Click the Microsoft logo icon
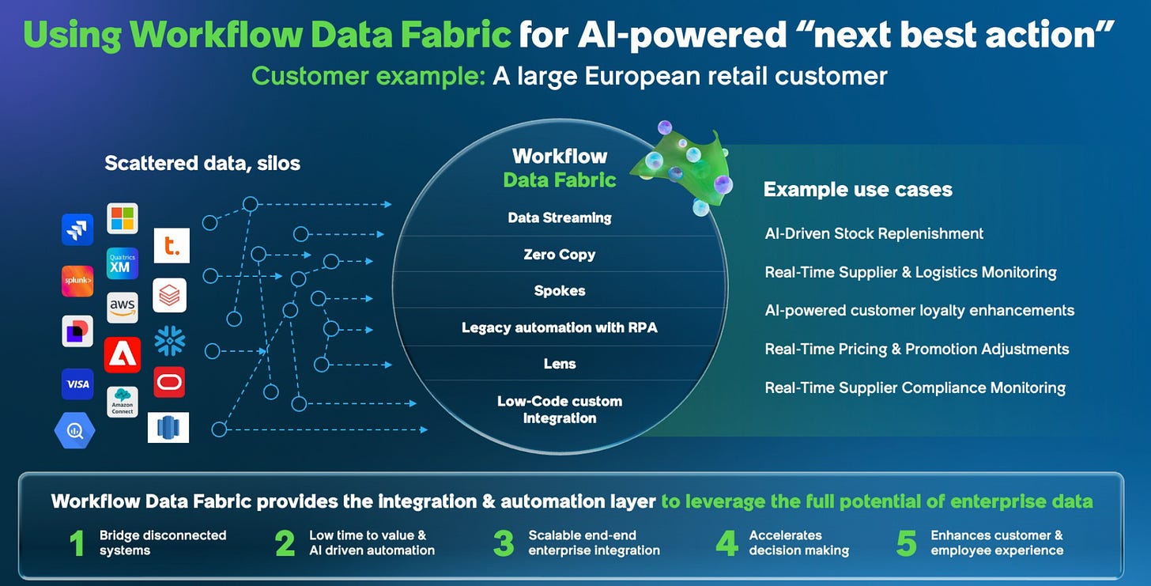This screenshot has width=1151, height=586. click(123, 218)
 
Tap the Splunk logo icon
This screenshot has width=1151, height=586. click(77, 281)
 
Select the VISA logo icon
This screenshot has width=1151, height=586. click(77, 384)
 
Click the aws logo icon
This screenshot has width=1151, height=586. click(123, 307)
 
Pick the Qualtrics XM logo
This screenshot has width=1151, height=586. click(123, 263)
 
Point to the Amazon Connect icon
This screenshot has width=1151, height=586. click(123, 402)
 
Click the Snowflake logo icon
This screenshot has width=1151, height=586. click(169, 340)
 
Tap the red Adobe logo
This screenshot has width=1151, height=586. click(123, 355)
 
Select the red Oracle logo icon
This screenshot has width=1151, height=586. click(169, 382)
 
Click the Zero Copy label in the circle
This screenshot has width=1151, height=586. click(559, 255)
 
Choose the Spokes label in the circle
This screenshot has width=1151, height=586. click(559, 291)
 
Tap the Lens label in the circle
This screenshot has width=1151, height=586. click(559, 364)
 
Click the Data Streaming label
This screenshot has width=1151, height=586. click(559, 218)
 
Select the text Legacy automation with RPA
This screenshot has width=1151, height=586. click(559, 327)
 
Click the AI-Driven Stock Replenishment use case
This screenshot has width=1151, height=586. click(874, 233)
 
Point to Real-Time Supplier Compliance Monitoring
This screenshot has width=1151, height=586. click(915, 388)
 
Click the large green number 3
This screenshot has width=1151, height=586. click(504, 543)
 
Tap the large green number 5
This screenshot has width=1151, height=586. click(907, 543)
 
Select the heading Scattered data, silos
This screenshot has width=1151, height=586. click(202, 164)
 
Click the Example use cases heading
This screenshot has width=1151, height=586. click(858, 190)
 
